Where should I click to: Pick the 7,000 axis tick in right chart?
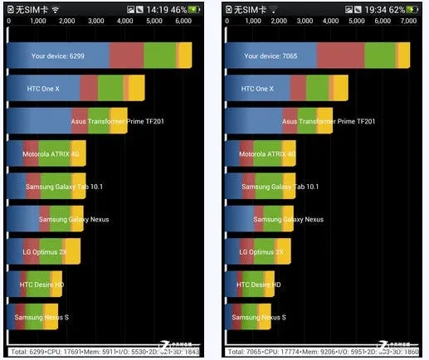click(x=407, y=20)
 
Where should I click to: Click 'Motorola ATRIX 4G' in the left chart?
click(x=50, y=154)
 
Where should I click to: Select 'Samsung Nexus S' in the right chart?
click(x=259, y=317)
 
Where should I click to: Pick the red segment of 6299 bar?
click(x=126, y=56)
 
